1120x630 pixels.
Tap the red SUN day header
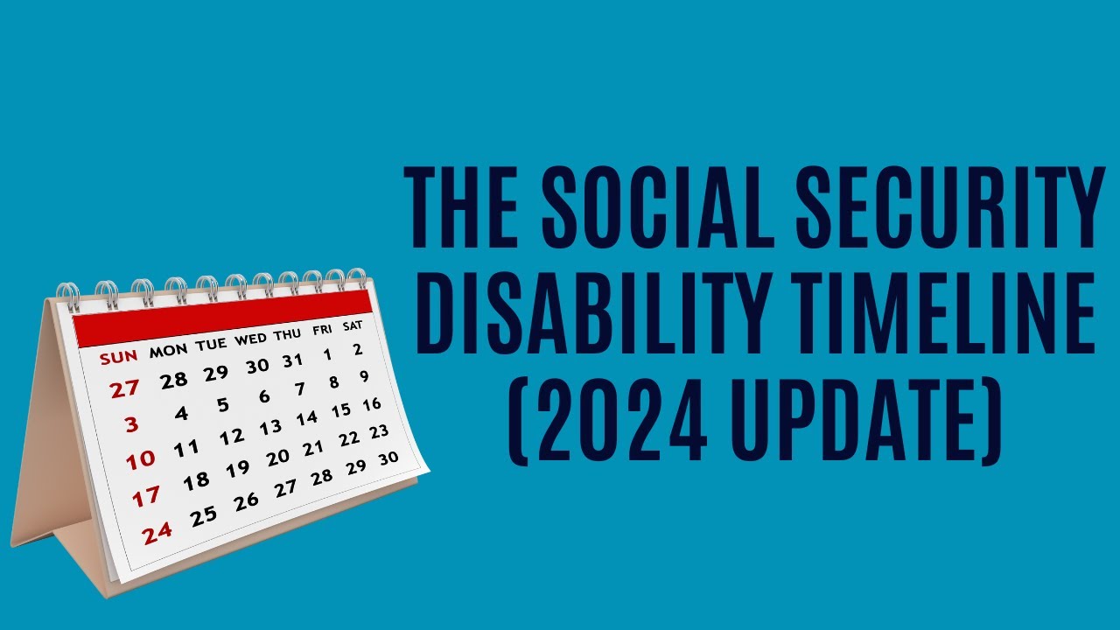click(117, 358)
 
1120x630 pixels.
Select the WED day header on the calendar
click(250, 338)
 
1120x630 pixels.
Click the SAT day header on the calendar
click(352, 325)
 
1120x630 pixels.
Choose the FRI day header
click(322, 330)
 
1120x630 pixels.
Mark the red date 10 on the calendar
click(140, 458)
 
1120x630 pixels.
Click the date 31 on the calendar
click(292, 360)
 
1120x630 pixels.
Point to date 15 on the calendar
click(341, 409)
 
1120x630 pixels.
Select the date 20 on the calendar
click(277, 458)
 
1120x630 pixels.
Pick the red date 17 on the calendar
click(146, 496)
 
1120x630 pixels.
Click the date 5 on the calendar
click(223, 405)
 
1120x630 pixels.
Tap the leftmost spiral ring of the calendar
click(67, 297)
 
